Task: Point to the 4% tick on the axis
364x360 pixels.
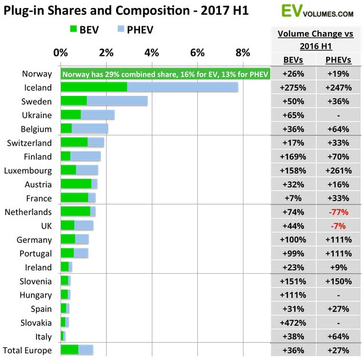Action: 151,53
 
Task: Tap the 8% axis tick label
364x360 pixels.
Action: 243,53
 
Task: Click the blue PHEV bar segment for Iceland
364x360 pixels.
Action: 182,87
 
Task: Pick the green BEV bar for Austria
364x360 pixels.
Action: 75,184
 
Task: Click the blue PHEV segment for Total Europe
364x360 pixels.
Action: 86,350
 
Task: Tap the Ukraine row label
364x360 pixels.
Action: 37,115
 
